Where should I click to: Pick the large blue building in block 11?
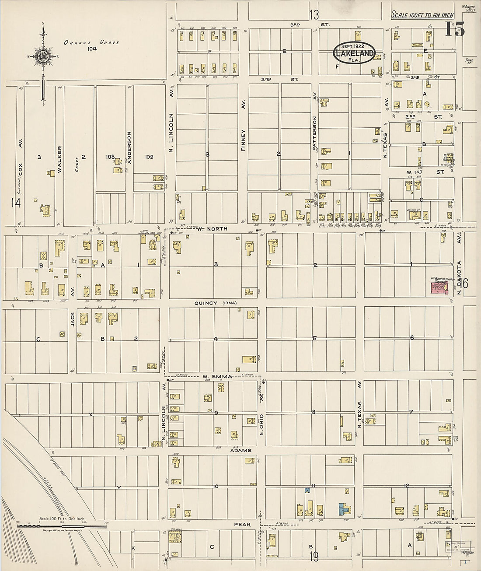coord(344,509)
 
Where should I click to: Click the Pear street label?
coord(242,524)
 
